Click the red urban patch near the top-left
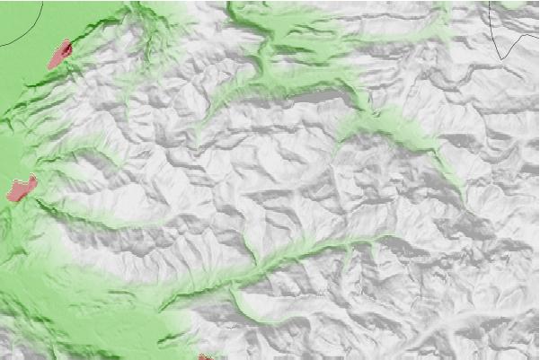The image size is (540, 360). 59,56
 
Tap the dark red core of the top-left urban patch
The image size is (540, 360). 65,47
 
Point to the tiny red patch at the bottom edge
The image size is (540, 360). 206,356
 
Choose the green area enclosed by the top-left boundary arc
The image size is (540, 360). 13,18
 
